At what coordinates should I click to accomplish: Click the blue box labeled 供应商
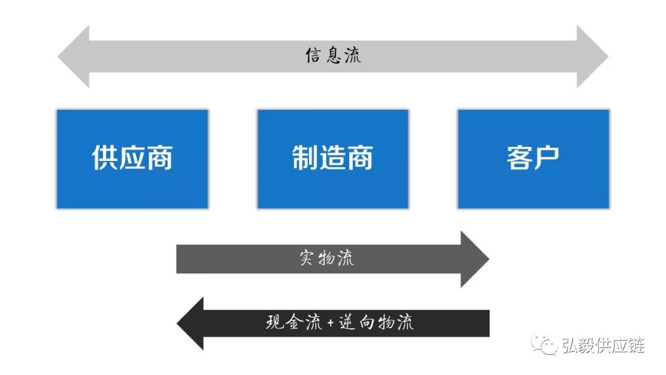[x=132, y=159]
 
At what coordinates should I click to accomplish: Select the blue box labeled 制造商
[x=332, y=159]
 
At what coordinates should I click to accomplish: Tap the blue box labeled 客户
[x=533, y=159]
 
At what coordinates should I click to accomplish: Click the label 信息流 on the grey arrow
[x=333, y=56]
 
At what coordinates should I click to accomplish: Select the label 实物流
[x=327, y=258]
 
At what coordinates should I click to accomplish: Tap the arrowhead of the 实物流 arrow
[x=475, y=259]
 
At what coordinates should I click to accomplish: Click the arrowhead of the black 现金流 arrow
[x=191, y=323]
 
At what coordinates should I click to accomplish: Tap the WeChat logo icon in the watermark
[x=545, y=345]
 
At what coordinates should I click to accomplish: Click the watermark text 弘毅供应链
[x=602, y=346]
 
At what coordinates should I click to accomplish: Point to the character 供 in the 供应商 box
[x=105, y=158]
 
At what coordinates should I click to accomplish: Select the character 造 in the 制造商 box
[x=332, y=158]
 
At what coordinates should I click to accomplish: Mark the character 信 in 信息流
[x=314, y=56]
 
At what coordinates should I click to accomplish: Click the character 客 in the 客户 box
[x=519, y=158]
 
